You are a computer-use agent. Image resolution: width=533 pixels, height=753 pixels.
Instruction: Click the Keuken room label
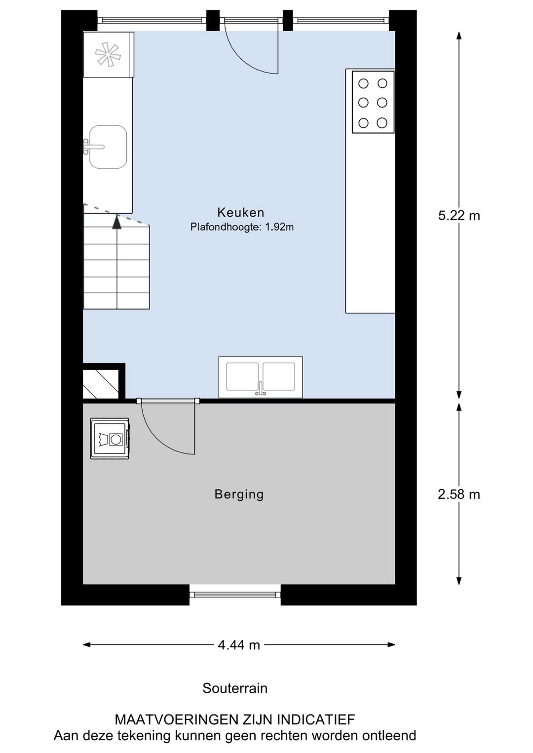coord(241,213)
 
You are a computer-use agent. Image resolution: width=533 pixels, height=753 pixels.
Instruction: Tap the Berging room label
coord(239,494)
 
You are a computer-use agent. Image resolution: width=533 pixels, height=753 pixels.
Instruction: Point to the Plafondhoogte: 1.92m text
coord(242,227)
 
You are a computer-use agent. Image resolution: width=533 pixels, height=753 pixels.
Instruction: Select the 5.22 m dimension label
coord(459,216)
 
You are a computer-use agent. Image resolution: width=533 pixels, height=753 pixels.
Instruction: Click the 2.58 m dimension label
coord(459,494)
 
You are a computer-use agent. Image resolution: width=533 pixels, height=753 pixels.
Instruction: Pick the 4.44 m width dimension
coord(239,644)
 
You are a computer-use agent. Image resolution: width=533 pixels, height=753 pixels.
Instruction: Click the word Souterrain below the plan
coord(235,688)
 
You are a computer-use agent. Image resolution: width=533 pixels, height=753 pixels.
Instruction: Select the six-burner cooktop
coord(373,102)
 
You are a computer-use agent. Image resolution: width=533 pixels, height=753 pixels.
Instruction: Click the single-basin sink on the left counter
coord(108,147)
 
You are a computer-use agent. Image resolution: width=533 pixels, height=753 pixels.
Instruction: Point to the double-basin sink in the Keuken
coord(261,377)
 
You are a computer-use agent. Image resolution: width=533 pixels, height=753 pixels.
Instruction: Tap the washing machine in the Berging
coord(110,439)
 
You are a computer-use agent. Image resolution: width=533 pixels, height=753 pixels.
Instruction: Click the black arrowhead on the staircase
coord(116,222)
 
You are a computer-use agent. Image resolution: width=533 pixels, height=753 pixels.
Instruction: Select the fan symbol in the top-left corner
coord(108,54)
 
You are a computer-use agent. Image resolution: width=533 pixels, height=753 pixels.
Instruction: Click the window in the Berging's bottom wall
coord(235,595)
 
